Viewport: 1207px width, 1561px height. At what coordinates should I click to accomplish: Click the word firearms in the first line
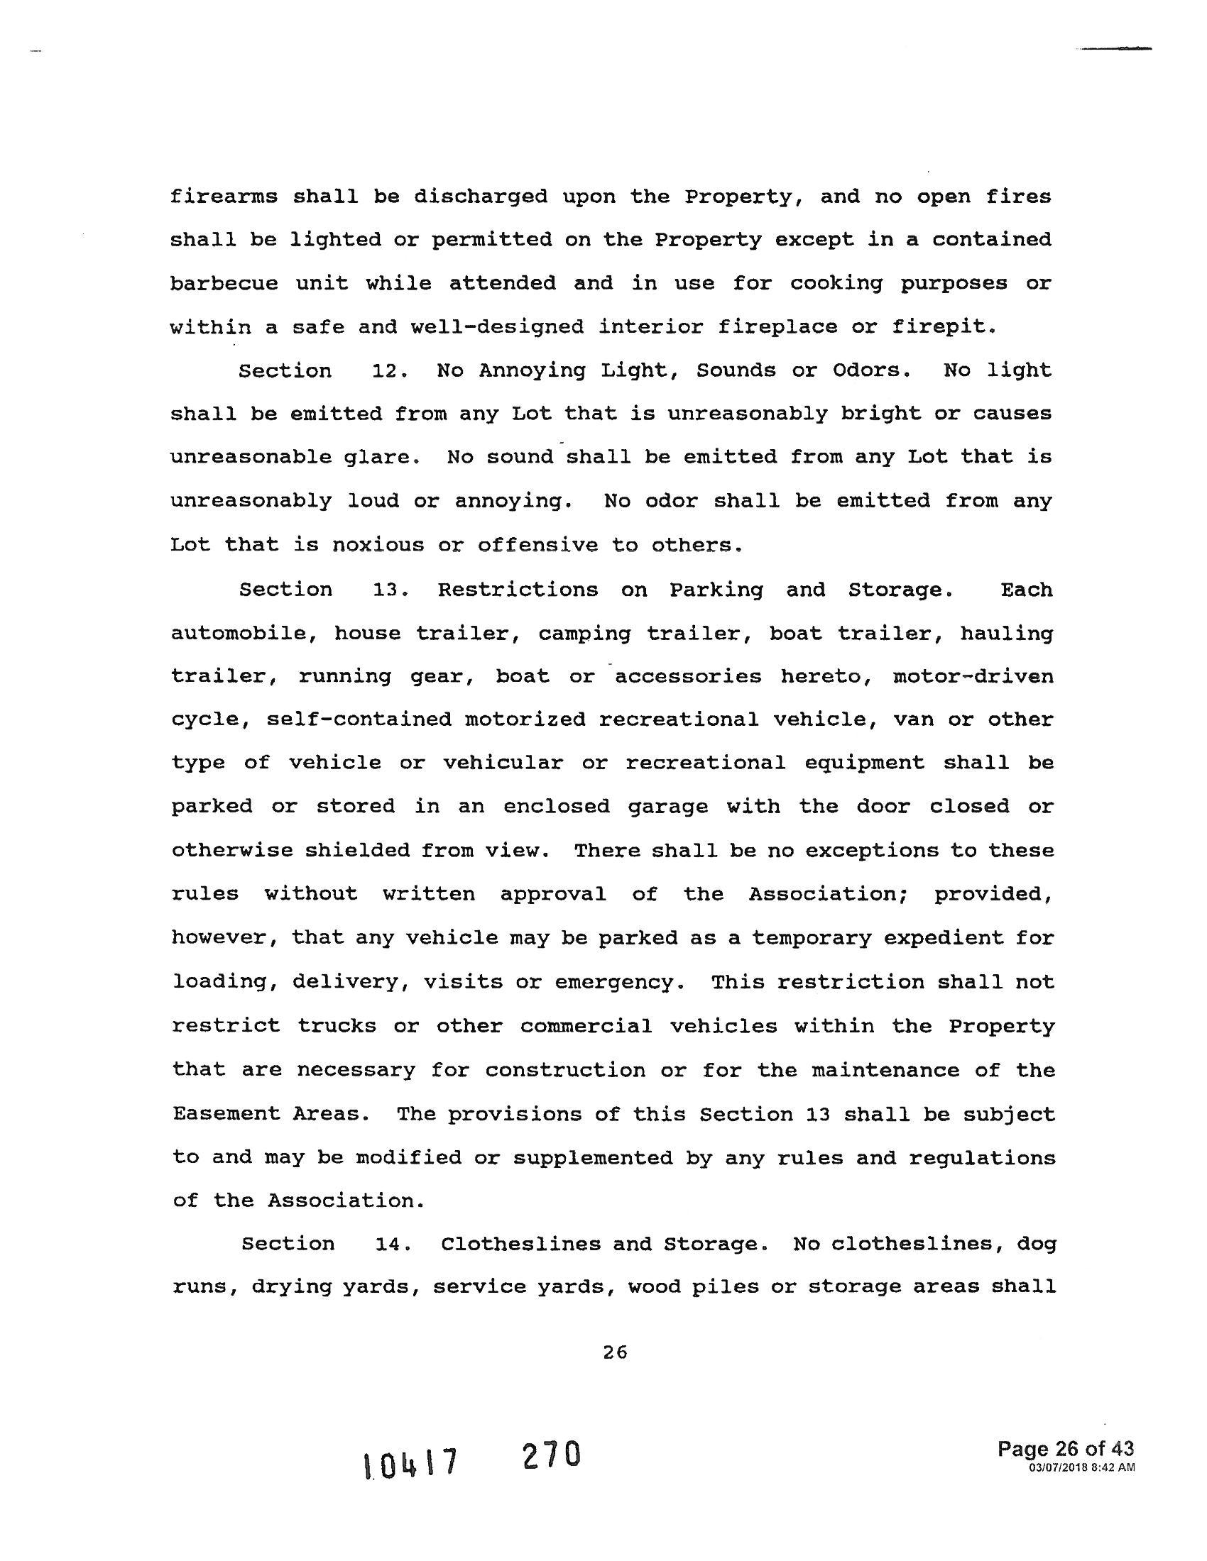(x=223, y=197)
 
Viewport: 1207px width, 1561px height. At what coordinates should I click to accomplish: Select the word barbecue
(x=223, y=284)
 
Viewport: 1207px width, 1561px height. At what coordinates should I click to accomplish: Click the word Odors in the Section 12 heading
(x=872, y=371)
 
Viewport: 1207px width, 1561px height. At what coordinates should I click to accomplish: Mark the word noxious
(x=378, y=546)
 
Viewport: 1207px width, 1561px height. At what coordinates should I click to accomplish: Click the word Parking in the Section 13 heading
(x=716, y=590)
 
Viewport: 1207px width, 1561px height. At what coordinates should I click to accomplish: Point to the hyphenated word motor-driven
(x=973, y=676)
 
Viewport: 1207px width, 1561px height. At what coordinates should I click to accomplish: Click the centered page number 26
(x=615, y=1352)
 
